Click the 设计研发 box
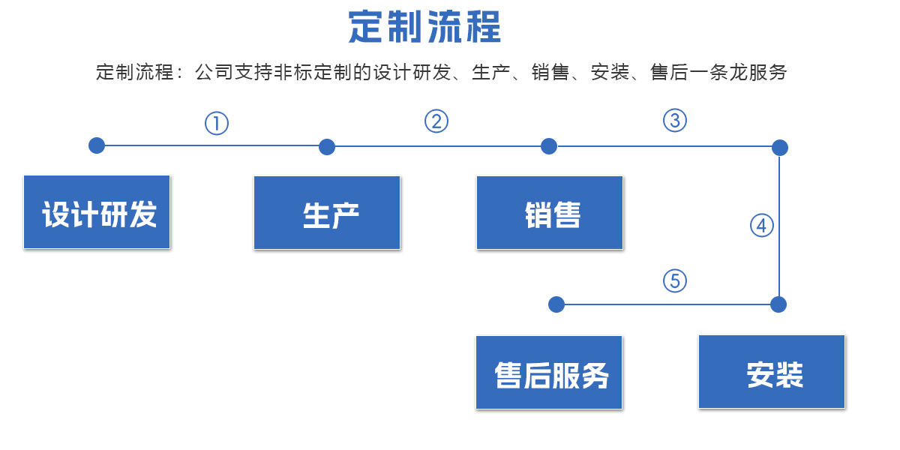(97, 212)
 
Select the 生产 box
(327, 213)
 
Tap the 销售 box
(550, 213)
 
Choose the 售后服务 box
(549, 373)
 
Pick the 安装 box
(772, 372)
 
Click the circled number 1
(217, 123)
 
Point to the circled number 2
(436, 121)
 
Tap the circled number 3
(674, 121)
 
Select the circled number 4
(762, 226)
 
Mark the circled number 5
(674, 280)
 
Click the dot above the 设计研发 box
(97, 145)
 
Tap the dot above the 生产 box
(327, 147)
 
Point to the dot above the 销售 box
(549, 146)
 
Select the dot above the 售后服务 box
(556, 304)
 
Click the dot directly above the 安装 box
(778, 304)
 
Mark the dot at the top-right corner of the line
(780, 148)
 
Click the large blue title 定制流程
(424, 27)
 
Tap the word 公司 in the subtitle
(214, 72)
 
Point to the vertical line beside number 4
(779, 226)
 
